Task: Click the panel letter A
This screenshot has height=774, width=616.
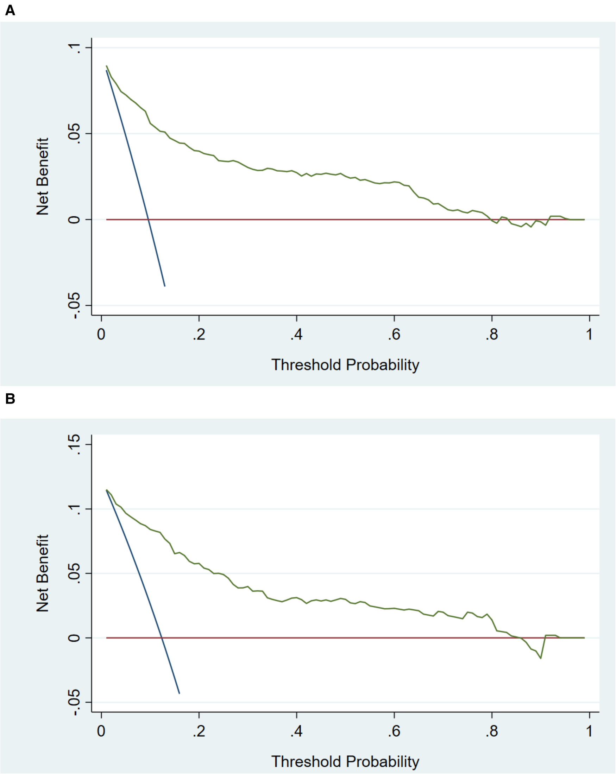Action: (x=10, y=11)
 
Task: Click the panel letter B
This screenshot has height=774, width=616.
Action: (x=10, y=399)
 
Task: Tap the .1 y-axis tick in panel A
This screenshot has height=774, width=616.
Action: (x=74, y=47)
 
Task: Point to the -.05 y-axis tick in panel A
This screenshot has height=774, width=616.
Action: (x=74, y=305)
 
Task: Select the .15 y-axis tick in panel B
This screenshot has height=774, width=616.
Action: (x=74, y=444)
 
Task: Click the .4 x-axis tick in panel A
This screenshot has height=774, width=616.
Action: (x=297, y=335)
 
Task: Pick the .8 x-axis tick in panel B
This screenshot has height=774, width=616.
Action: (x=492, y=731)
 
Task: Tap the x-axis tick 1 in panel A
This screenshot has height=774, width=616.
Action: (x=589, y=335)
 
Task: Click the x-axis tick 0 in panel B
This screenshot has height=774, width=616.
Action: (x=101, y=731)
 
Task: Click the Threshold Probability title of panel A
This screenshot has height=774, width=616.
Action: (x=345, y=365)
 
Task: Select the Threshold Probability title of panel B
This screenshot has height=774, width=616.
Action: (x=345, y=761)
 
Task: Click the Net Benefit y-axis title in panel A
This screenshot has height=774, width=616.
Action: (x=42, y=176)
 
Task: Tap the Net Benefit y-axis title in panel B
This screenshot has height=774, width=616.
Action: (x=42, y=573)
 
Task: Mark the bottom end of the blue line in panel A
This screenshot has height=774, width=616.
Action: (x=165, y=286)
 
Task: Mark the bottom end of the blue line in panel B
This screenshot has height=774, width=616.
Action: (x=179, y=693)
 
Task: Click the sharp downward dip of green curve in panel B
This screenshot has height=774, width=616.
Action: (x=541, y=658)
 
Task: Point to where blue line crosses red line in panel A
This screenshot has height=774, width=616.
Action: (x=148, y=219)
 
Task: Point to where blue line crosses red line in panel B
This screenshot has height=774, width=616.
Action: (x=162, y=638)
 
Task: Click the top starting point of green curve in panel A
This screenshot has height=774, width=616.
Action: (x=107, y=66)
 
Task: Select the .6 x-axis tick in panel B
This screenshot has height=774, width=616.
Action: (x=394, y=731)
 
